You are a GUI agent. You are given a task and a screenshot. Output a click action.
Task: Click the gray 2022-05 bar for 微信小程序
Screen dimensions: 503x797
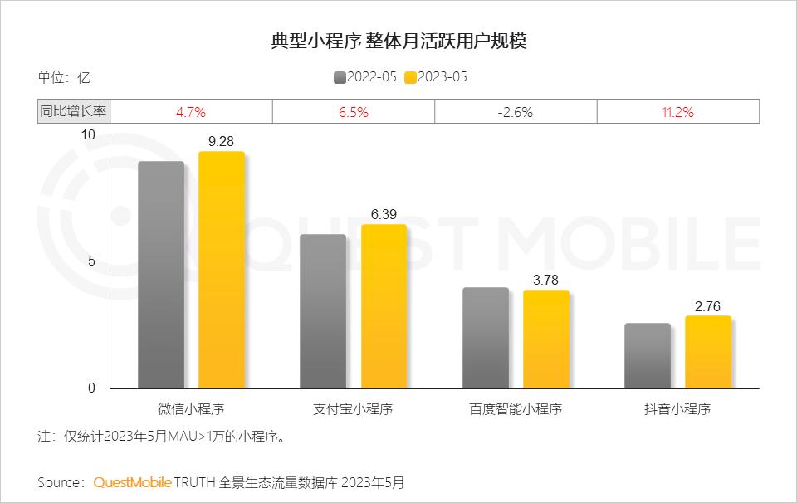coord(161,275)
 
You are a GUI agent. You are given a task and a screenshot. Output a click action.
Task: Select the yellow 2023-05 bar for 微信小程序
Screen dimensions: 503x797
coord(222,270)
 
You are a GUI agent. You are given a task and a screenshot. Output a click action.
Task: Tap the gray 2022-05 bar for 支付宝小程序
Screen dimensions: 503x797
coord(323,311)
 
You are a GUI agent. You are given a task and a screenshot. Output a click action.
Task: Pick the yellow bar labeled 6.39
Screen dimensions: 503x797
coord(384,306)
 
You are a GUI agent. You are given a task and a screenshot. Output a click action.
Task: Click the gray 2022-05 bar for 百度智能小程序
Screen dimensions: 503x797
coord(486,338)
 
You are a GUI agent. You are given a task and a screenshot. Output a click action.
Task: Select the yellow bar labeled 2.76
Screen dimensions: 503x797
coord(708,352)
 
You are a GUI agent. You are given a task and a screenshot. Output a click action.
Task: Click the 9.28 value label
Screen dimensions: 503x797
coord(222,142)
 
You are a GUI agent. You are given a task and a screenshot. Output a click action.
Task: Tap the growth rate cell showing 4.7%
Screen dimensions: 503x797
coord(191,111)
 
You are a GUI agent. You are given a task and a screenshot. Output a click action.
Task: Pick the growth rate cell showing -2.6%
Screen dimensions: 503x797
coord(516,111)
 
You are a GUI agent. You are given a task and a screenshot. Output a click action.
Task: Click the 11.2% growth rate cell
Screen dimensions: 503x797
coord(677,111)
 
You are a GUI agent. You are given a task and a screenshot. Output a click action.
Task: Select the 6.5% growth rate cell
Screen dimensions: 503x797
coord(354,111)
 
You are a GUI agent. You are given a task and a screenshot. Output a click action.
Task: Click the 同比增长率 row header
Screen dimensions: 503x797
coord(74,111)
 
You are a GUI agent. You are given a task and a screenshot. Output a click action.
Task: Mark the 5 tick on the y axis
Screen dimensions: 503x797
coord(91,261)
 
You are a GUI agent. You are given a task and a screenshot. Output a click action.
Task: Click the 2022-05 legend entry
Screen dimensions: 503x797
coord(365,77)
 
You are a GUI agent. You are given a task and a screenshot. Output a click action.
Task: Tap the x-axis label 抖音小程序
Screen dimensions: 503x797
coord(677,408)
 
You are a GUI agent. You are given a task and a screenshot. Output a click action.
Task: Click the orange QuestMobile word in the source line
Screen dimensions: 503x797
coord(132,482)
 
